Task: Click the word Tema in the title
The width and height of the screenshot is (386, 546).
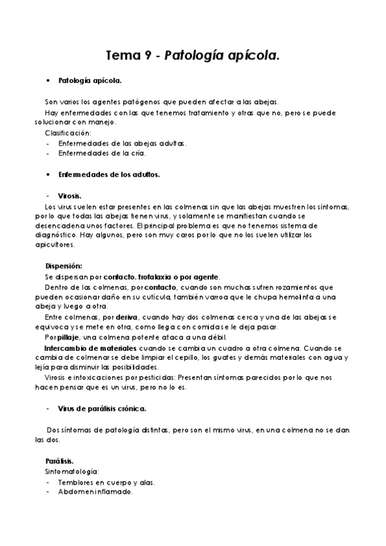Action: [122, 55]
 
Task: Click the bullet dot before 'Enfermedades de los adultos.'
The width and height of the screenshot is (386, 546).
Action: [49, 174]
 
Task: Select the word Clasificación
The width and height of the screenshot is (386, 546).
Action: [68, 132]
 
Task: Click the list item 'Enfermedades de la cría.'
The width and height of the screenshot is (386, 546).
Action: [102, 153]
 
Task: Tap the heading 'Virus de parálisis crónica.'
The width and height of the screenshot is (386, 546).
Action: [102, 408]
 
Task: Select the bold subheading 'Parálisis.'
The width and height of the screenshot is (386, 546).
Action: [59, 461]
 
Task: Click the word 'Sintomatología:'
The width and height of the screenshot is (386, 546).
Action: [71, 471]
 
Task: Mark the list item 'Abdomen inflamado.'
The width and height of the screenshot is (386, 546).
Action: [95, 491]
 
